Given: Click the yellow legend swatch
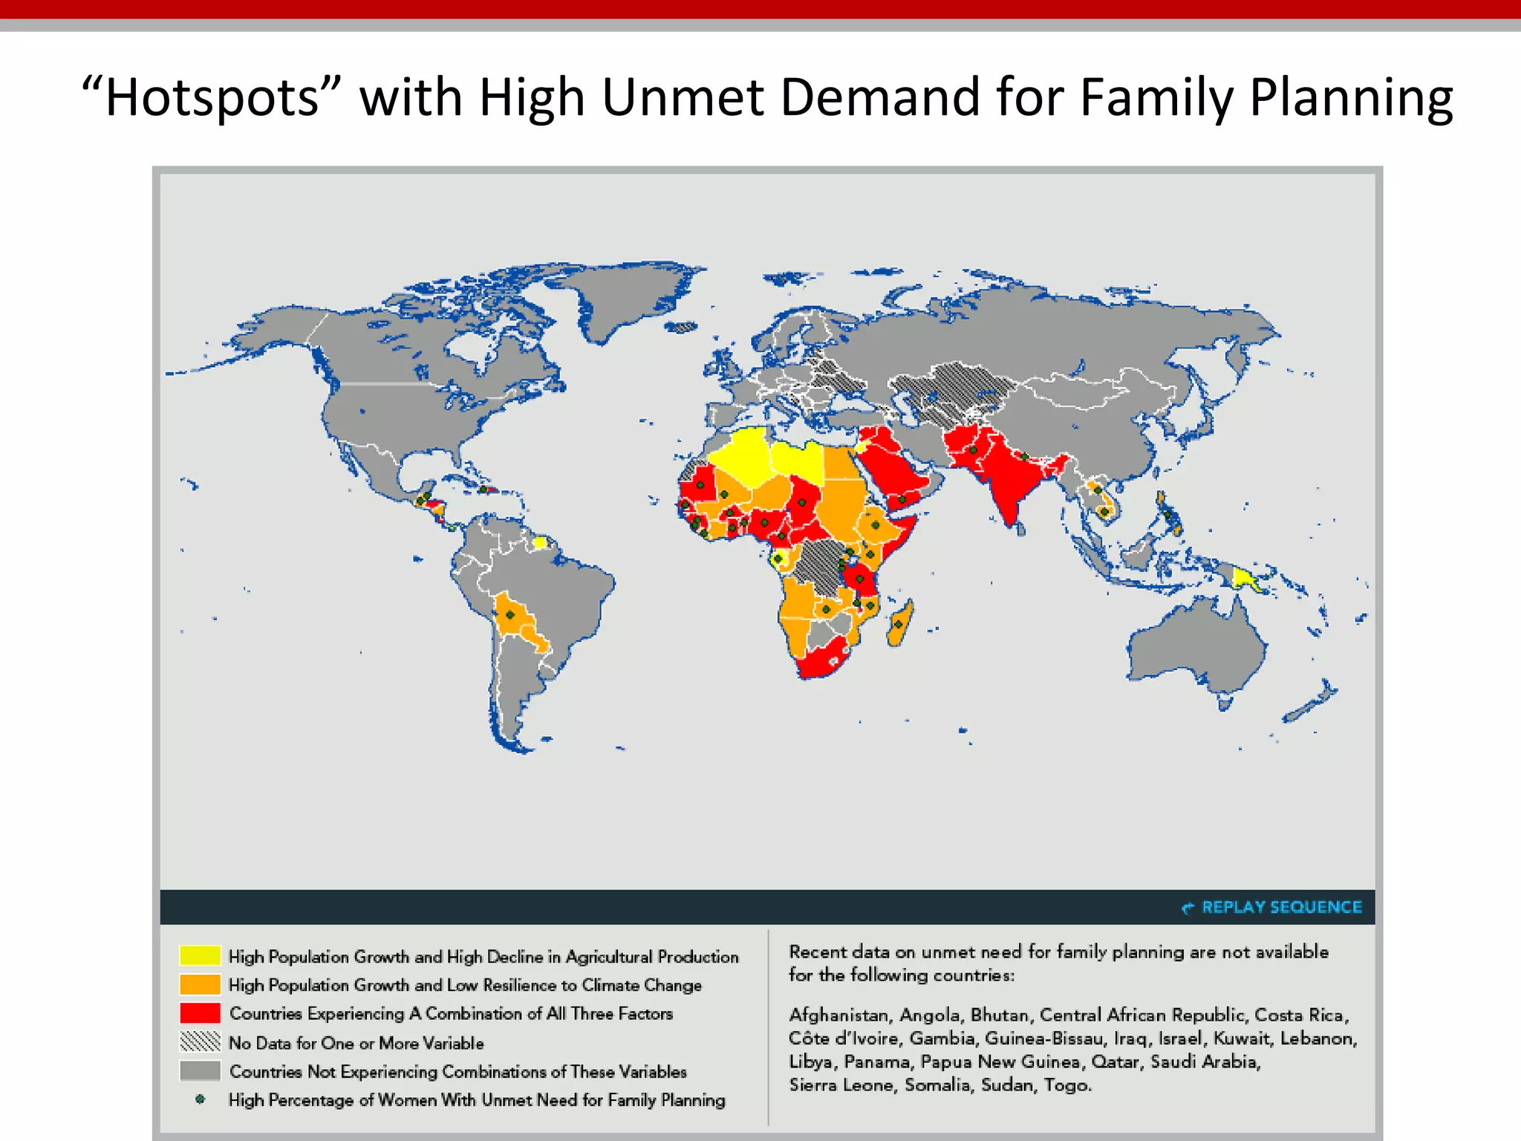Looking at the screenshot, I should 200,955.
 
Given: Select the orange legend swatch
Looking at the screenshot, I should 200,984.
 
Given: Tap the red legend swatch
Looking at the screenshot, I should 200,1013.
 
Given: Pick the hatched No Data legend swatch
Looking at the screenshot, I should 200,1041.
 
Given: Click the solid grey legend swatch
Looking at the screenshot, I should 200,1070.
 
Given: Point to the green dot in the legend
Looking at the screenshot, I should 200,1099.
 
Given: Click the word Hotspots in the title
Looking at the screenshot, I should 211,97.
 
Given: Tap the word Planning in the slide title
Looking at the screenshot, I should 1351,97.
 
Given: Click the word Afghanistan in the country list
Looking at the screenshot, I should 838,1015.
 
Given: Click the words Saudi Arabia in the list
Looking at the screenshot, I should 1205,1062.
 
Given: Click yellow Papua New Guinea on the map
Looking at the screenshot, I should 1242,576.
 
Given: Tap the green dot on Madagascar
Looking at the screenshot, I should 898,624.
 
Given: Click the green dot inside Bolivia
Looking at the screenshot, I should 510,614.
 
